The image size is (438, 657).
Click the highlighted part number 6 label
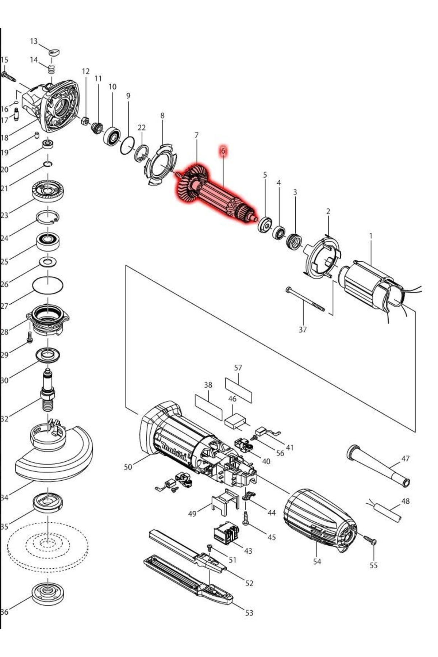tap(223, 151)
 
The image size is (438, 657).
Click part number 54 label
tap(317, 561)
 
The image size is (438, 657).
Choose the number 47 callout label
tap(406, 458)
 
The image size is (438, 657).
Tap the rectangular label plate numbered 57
tap(238, 390)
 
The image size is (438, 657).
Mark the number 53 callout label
tap(249, 613)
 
